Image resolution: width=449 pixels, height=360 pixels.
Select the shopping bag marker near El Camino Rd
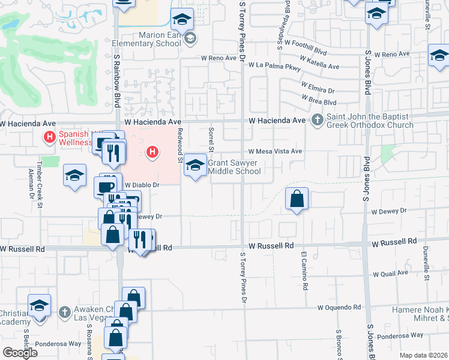tap(297, 199)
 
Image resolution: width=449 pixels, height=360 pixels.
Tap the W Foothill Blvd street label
tap(306, 43)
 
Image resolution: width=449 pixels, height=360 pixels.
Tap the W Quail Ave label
tap(390, 274)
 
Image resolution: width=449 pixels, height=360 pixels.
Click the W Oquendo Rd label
tap(340, 307)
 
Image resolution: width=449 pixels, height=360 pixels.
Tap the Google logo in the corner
tap(20, 352)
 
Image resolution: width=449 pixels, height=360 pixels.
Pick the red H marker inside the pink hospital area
tap(152, 152)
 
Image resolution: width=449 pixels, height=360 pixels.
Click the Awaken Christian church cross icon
tap(65, 312)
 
